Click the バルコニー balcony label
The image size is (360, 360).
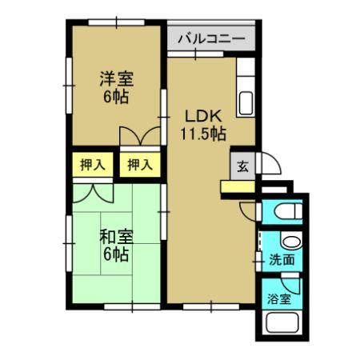(211, 39)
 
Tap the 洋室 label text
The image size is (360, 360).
(117, 78)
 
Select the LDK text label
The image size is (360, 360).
(203, 116)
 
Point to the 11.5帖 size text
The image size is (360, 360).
(203, 134)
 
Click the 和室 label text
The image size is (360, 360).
(117, 237)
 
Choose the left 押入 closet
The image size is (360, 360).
(93, 164)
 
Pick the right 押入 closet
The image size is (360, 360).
(140, 164)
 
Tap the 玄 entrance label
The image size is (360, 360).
(243, 166)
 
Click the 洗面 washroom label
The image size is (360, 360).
(282, 259)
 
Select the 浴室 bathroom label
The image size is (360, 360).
(279, 299)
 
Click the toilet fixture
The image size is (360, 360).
(288, 211)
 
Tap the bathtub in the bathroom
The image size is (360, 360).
(282, 322)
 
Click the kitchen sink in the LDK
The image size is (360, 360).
(246, 103)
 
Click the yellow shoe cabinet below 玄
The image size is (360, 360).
(238, 187)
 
